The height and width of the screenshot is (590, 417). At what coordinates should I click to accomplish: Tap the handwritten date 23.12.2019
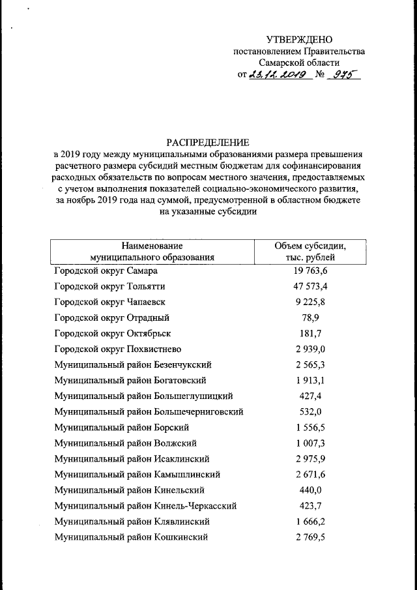coord(278,75)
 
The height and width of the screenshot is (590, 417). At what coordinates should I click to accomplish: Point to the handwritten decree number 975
coord(345,75)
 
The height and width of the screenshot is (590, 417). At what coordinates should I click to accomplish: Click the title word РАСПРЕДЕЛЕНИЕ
coord(208,142)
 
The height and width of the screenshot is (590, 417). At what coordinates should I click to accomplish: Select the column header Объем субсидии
coord(310,246)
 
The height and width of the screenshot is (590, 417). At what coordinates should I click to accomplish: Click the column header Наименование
coord(152,246)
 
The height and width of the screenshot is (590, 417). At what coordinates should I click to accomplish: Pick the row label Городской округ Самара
coord(106,270)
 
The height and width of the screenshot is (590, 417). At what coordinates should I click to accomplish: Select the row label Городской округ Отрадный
coord(111,317)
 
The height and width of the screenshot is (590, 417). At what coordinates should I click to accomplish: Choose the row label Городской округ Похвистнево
coord(117,349)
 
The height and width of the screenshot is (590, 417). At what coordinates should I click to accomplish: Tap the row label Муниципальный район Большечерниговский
coord(149,411)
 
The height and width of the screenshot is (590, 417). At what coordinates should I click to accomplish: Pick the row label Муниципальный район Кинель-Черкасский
coord(145,505)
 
